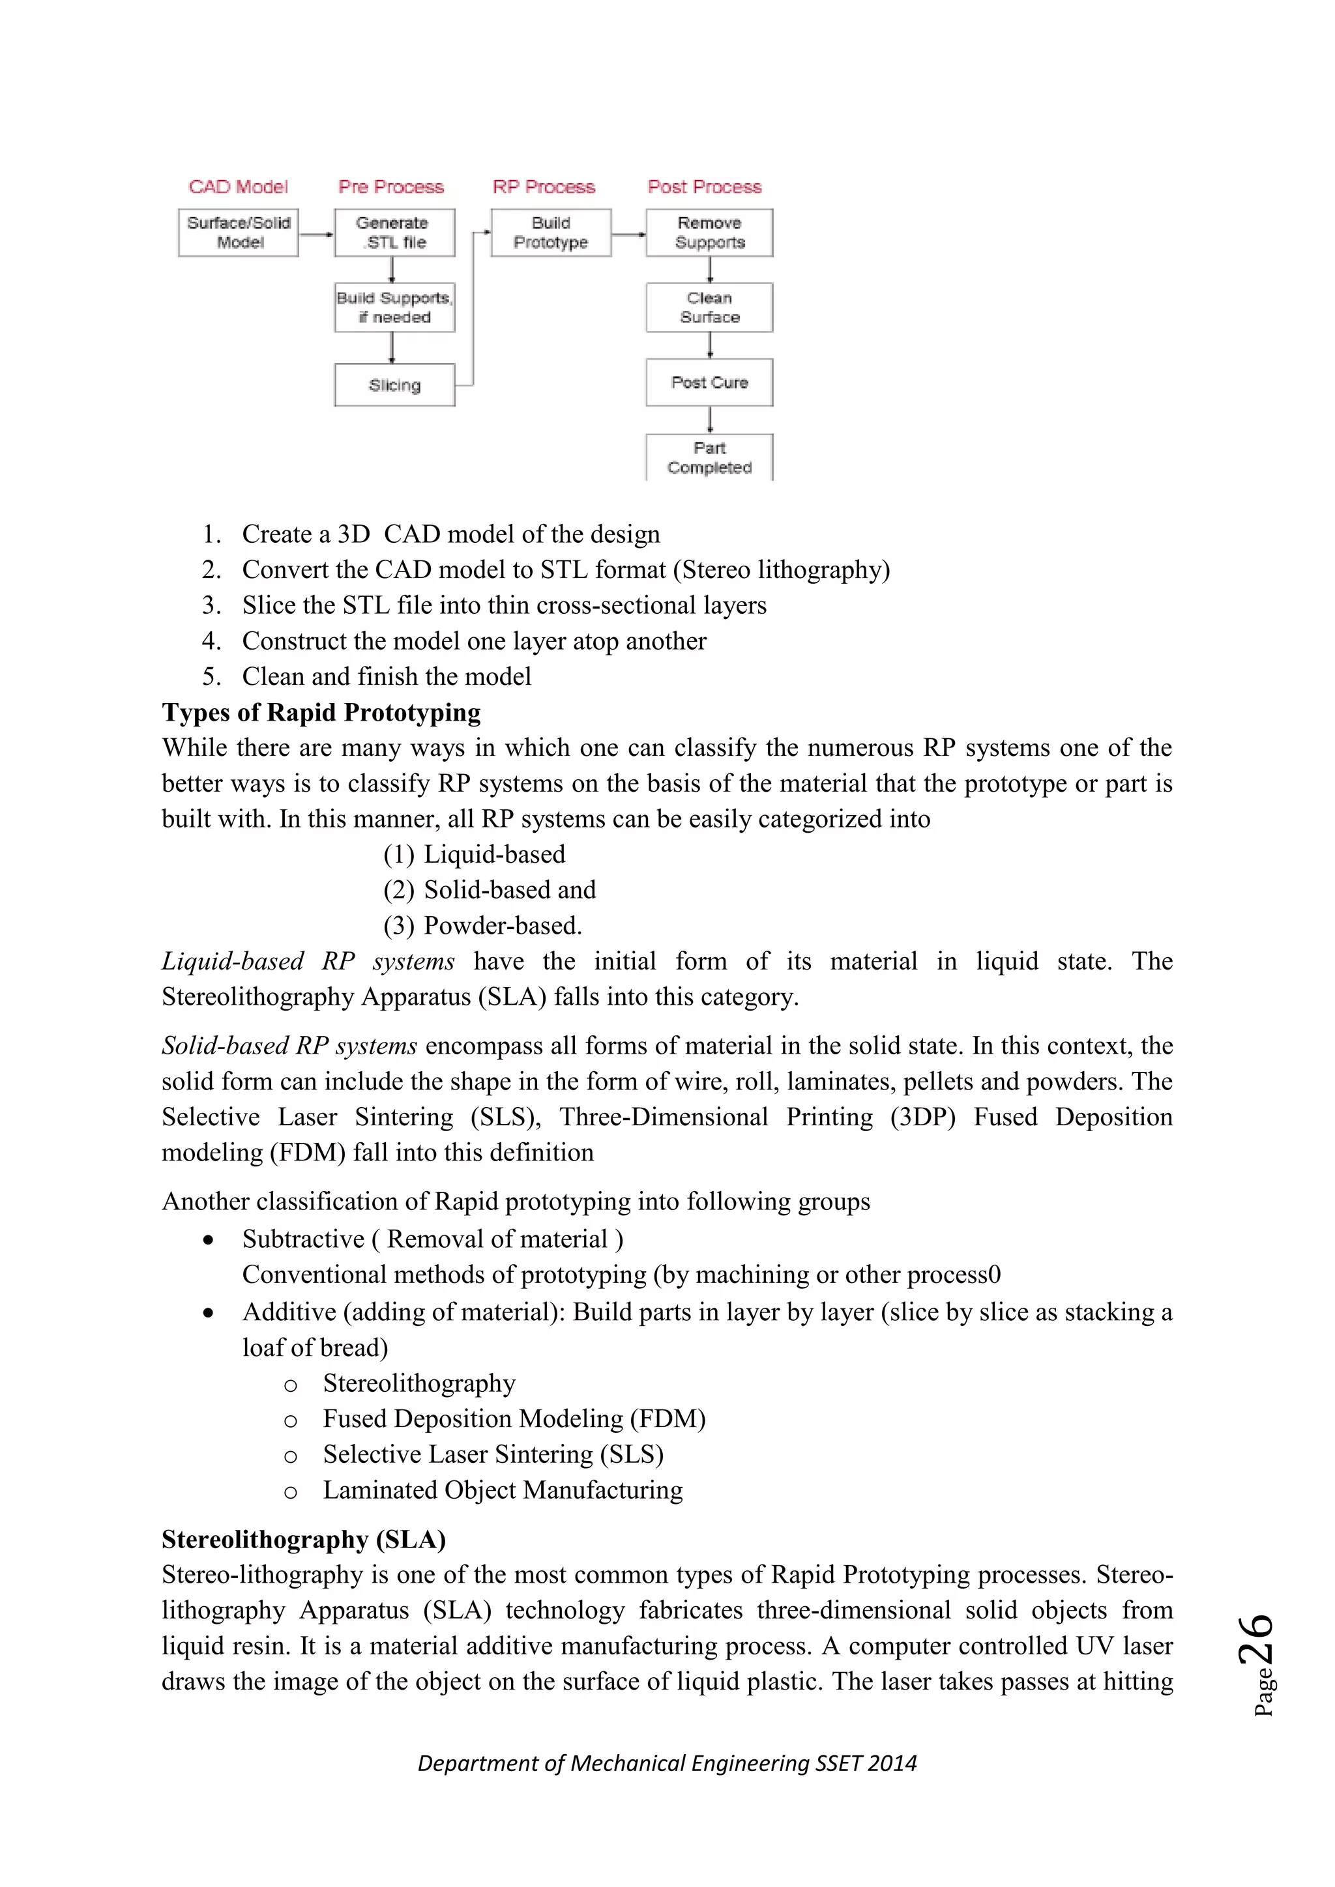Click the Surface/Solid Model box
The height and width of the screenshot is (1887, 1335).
click(239, 233)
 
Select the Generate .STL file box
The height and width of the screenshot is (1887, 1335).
click(394, 233)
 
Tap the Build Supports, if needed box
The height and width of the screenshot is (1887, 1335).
click(394, 308)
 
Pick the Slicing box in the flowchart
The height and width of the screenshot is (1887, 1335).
click(394, 384)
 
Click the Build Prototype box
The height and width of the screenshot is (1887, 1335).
click(551, 233)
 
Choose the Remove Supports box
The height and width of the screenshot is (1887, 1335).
click(709, 233)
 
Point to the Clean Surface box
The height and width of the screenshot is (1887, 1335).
click(709, 308)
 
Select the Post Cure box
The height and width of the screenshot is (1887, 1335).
click(709, 382)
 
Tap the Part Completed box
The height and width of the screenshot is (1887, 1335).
click(709, 457)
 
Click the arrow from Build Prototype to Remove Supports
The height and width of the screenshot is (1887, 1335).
click(629, 234)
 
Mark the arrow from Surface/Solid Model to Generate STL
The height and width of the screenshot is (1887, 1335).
click(317, 234)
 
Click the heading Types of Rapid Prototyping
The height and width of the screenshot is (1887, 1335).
click(321, 712)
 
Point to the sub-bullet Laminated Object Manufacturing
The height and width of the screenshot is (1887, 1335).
click(503, 1490)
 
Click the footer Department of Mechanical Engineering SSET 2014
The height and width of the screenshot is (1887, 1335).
click(667, 1763)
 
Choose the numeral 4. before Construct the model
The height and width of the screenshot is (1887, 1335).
click(211, 641)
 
